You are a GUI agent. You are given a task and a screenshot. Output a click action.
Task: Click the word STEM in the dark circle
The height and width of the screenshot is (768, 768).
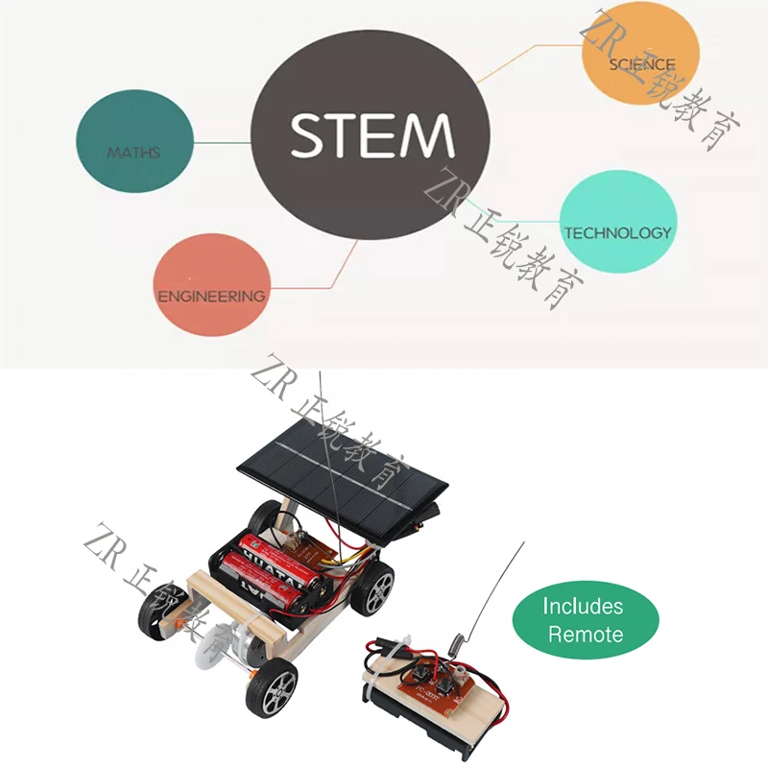(371, 135)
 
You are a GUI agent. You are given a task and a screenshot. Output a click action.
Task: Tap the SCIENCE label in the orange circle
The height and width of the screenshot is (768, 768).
(642, 64)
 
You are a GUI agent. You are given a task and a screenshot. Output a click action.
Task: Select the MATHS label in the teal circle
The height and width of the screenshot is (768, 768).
(133, 153)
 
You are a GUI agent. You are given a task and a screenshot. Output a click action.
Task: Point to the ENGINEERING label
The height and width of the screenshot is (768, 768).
(211, 296)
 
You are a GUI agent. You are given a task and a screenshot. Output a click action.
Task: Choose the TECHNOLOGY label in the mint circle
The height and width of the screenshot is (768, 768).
(617, 232)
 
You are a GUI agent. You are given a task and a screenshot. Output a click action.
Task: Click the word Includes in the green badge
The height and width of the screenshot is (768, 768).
(583, 607)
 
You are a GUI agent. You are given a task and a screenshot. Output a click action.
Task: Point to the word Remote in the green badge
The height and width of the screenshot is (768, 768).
(586, 635)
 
